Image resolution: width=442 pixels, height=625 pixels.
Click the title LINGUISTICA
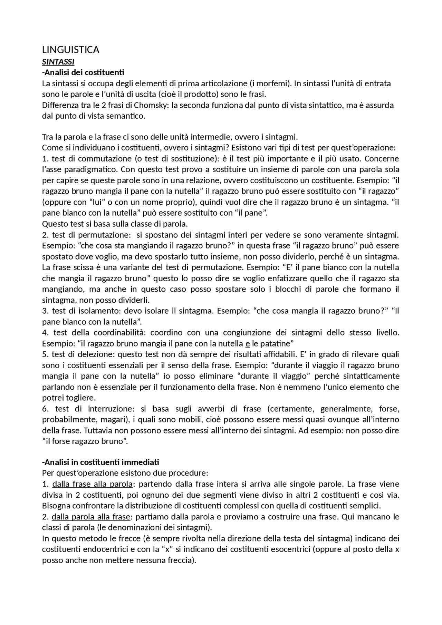pos(70,50)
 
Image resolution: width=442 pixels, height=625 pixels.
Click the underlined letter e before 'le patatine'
pos(247,344)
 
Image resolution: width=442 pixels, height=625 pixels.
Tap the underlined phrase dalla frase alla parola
pos(92,484)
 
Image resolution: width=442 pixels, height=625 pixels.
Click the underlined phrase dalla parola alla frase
pos(91,517)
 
